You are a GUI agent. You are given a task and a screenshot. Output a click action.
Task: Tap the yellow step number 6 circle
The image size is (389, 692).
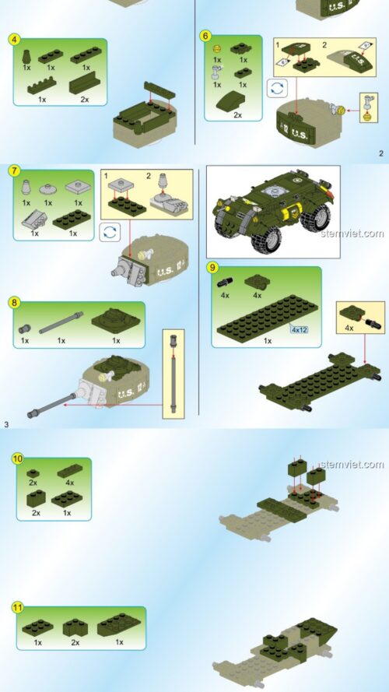pos(205,36)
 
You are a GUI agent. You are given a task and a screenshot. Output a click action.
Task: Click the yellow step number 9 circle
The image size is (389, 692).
pos(212,267)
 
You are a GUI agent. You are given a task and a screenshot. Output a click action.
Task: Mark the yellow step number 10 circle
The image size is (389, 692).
pos(17,458)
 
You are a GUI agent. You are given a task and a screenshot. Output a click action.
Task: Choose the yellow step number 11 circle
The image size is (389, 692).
pos(17,607)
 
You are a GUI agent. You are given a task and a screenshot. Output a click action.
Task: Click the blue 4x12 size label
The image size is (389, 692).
pos(300,329)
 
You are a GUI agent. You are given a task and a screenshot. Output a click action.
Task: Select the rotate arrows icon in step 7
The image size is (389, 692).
pos(110,231)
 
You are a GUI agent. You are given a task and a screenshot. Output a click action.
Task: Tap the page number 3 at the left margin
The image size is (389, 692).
pos(6,424)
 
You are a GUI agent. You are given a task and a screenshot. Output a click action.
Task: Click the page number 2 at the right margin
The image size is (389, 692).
pos(381,153)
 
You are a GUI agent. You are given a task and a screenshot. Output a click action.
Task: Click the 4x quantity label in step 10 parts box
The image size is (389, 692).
pos(68,483)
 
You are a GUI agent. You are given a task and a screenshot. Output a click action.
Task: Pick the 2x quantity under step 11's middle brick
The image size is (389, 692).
pos(75,642)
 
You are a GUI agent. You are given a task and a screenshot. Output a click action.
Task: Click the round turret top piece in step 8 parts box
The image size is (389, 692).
pos(116,319)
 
